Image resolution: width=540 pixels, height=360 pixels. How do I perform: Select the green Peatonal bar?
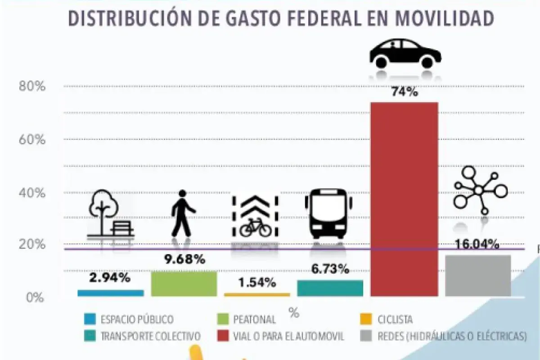click(x=184, y=283)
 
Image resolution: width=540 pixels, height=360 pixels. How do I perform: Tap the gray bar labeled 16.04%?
click(x=478, y=275)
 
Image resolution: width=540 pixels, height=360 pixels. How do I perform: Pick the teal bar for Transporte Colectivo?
click(x=330, y=288)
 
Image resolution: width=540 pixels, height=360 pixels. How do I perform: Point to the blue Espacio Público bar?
click(x=110, y=293)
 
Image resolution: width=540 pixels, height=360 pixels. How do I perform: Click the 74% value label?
click(x=405, y=92)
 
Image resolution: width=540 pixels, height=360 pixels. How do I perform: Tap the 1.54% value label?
click(x=256, y=283)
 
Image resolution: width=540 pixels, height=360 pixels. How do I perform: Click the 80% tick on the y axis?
click(x=32, y=86)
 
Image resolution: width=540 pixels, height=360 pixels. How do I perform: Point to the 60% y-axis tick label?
click(x=32, y=139)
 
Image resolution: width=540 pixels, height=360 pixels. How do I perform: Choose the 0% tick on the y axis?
click(x=35, y=297)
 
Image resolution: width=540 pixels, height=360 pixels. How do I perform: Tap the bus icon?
click(x=328, y=213)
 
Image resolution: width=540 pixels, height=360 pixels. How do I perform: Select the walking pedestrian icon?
click(x=183, y=213)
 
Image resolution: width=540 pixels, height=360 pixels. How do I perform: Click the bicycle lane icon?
click(x=256, y=216)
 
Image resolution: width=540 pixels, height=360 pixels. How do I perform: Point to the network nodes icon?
click(x=480, y=190)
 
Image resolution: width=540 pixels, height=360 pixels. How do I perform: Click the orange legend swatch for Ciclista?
click(x=366, y=319)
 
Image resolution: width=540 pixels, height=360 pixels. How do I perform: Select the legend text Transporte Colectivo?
click(x=150, y=336)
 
